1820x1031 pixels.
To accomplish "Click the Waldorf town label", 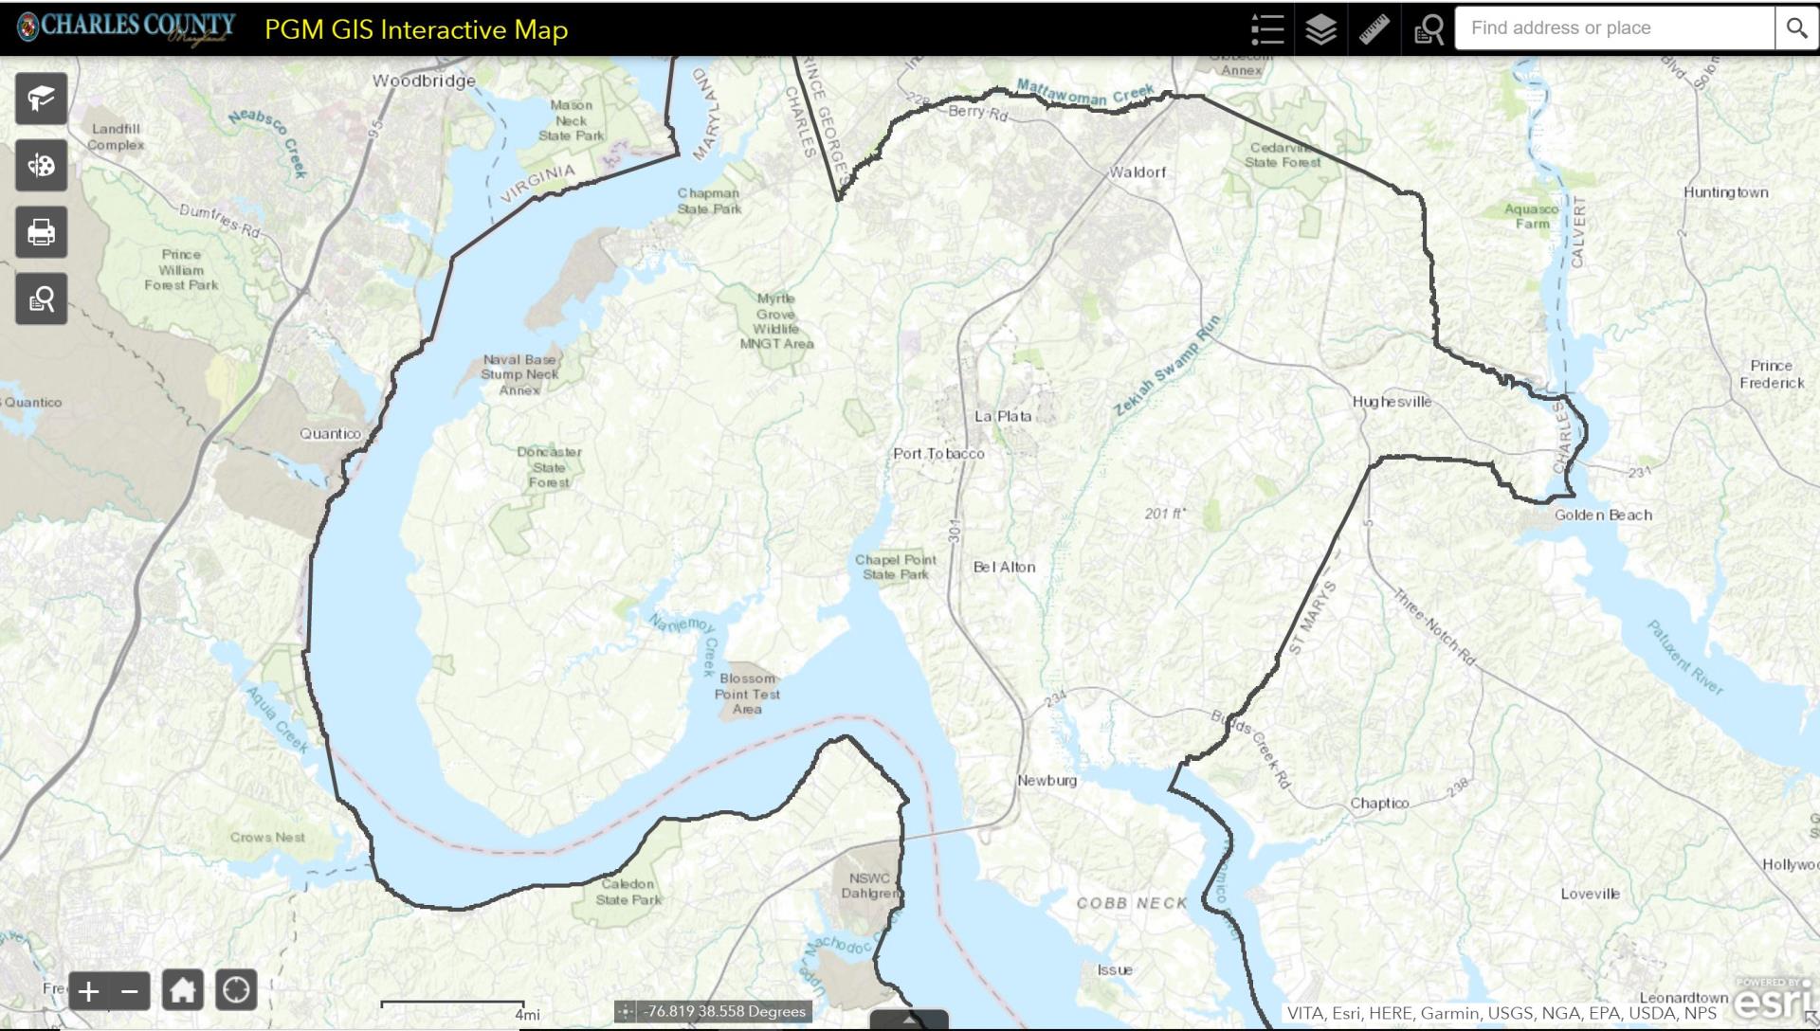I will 1137,172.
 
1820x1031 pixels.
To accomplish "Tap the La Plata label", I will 1003,416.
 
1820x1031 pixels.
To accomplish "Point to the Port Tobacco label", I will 938,454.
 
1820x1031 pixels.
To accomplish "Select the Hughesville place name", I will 1392,402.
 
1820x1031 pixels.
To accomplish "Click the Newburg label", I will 1046,781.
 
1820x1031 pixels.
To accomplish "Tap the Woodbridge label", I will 424,81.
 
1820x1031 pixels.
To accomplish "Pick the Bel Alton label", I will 1004,568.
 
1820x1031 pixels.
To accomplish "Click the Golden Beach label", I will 1603,515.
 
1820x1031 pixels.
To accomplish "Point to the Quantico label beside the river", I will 330,434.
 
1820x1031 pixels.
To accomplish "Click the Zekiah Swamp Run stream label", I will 1167,366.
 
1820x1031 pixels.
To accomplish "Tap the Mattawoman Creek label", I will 1085,93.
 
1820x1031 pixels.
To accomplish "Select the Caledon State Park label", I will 628,892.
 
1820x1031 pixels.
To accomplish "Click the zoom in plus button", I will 88,992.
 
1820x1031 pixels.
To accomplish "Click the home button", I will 182,991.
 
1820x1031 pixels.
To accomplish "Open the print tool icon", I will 41,232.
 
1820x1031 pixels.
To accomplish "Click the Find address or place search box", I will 1613,28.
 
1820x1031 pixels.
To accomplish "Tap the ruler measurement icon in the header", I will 1374,29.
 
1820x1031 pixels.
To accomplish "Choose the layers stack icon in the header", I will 1320,29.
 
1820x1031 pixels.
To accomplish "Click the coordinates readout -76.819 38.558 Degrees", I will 724,1011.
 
